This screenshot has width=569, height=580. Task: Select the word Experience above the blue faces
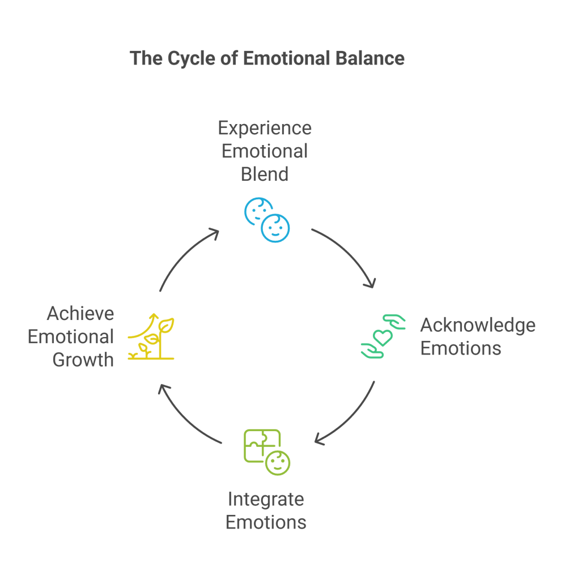click(x=265, y=127)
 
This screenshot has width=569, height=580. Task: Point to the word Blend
click(x=265, y=173)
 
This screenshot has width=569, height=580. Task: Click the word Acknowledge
click(x=477, y=325)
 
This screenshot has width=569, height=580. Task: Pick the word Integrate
click(x=266, y=499)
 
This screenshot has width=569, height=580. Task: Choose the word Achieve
click(x=80, y=313)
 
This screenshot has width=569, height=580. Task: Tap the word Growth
click(x=83, y=360)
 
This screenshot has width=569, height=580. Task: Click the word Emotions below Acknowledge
click(x=460, y=348)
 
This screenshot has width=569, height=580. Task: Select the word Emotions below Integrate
click(x=266, y=522)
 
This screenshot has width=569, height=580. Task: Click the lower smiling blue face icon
click(x=275, y=228)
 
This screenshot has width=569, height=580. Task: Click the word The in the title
click(x=146, y=58)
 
